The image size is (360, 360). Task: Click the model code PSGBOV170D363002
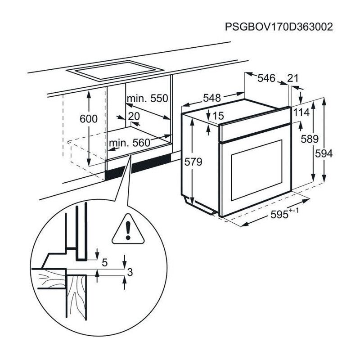[279, 27]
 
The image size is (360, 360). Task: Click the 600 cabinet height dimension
[88, 119]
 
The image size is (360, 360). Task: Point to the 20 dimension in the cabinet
[134, 116]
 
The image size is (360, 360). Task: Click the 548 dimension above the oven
[212, 98]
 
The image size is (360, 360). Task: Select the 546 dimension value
[266, 78]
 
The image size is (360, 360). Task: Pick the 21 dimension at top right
[293, 78]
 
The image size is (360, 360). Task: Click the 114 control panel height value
[302, 112]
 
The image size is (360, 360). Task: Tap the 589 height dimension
[310, 139]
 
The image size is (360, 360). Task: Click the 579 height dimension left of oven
[193, 162]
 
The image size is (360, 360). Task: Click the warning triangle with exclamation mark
[128, 229]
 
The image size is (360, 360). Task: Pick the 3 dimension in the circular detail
[130, 272]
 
